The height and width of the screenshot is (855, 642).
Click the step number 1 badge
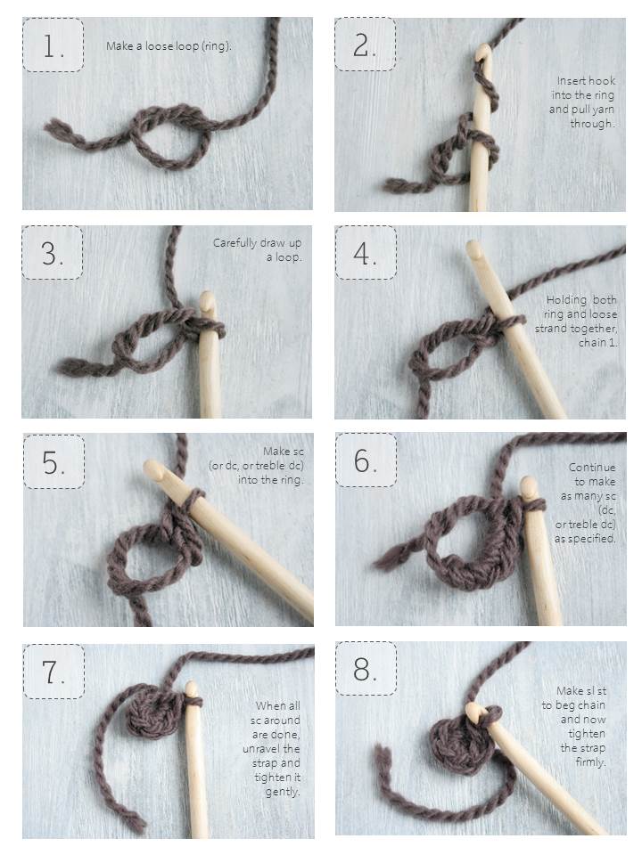53,45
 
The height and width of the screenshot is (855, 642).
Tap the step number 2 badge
366,45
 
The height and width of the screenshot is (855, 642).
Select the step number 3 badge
53,253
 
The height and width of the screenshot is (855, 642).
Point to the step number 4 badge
366,253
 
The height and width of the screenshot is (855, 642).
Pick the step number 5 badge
53,462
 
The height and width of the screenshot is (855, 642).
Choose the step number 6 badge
366,460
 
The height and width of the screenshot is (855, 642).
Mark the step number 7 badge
53,672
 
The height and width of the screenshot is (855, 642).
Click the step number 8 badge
366,669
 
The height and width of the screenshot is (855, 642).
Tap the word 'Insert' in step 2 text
570,81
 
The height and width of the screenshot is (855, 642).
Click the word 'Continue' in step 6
592,468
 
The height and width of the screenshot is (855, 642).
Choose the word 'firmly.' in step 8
590,762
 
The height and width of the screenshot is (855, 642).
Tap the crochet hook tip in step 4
473,248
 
